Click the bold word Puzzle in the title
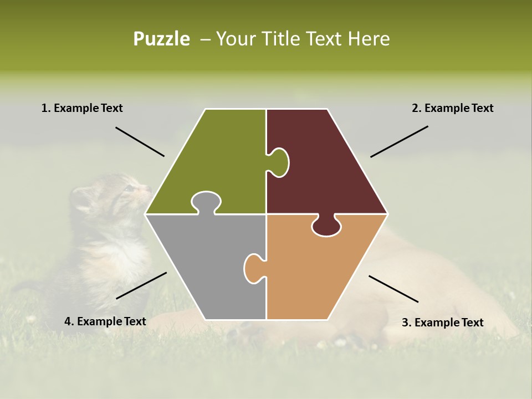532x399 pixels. (x=161, y=39)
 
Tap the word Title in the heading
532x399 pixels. (x=281, y=39)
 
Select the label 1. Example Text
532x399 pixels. (x=82, y=108)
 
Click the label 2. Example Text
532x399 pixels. (x=452, y=108)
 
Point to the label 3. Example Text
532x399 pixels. (x=442, y=323)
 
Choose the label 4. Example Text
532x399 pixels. (x=105, y=321)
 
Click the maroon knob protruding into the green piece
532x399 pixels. (x=279, y=162)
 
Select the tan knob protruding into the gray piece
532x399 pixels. (x=254, y=268)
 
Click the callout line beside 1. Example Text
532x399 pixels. (x=140, y=142)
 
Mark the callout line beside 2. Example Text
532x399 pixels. (x=399, y=141)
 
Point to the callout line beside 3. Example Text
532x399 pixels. (x=393, y=289)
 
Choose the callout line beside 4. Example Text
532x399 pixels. (x=141, y=285)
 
